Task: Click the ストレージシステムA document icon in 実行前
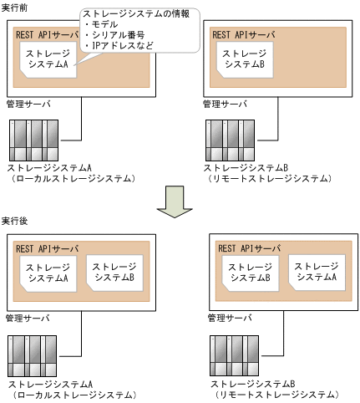click(48, 59)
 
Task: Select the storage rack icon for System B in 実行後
click(236, 359)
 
